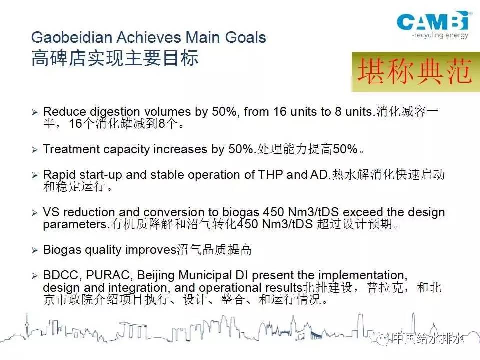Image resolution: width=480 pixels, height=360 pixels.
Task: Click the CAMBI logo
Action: [x=433, y=21]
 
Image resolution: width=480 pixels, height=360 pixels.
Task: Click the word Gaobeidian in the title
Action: [x=72, y=37]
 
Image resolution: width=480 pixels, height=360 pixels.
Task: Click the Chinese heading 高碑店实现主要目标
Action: [x=115, y=58]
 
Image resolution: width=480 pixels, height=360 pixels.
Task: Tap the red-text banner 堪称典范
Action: [x=415, y=72]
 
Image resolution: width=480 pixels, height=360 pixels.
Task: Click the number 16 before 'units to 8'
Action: [x=280, y=111]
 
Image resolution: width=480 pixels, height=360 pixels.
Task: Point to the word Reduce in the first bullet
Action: [x=64, y=111]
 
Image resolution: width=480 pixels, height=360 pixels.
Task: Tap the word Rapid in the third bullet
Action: [x=59, y=175]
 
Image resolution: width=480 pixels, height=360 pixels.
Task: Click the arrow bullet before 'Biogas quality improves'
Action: [x=35, y=250]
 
